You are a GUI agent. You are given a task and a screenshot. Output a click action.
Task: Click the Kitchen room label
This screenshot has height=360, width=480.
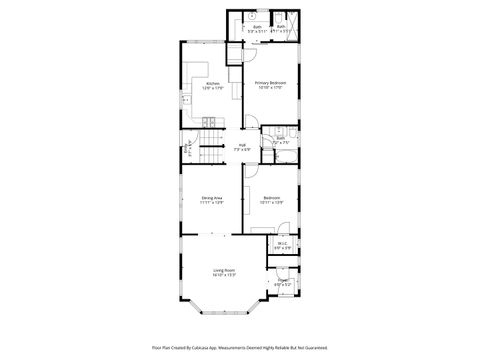212,83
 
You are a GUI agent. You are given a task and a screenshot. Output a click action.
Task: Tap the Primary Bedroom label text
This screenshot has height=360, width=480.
270,82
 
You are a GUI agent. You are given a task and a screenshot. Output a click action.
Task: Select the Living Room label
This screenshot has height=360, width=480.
223,270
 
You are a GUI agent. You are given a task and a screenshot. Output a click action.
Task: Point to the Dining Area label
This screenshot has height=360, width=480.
211,198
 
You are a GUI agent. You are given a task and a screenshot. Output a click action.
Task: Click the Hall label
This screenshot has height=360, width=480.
241,146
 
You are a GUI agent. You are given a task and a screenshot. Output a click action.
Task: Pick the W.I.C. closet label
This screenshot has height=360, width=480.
283,242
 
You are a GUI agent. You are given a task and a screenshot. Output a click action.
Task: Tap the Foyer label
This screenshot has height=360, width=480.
283,281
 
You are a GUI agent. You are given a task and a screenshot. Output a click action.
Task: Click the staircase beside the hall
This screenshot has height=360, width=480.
208,155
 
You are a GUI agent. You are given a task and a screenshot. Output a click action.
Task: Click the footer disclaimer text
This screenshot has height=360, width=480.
239,348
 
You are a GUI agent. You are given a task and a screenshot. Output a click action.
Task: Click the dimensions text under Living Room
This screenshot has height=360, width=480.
223,275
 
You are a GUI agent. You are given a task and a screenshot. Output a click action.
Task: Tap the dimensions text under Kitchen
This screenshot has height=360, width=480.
212,88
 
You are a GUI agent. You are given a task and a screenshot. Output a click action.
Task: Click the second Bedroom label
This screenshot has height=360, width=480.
271,198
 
